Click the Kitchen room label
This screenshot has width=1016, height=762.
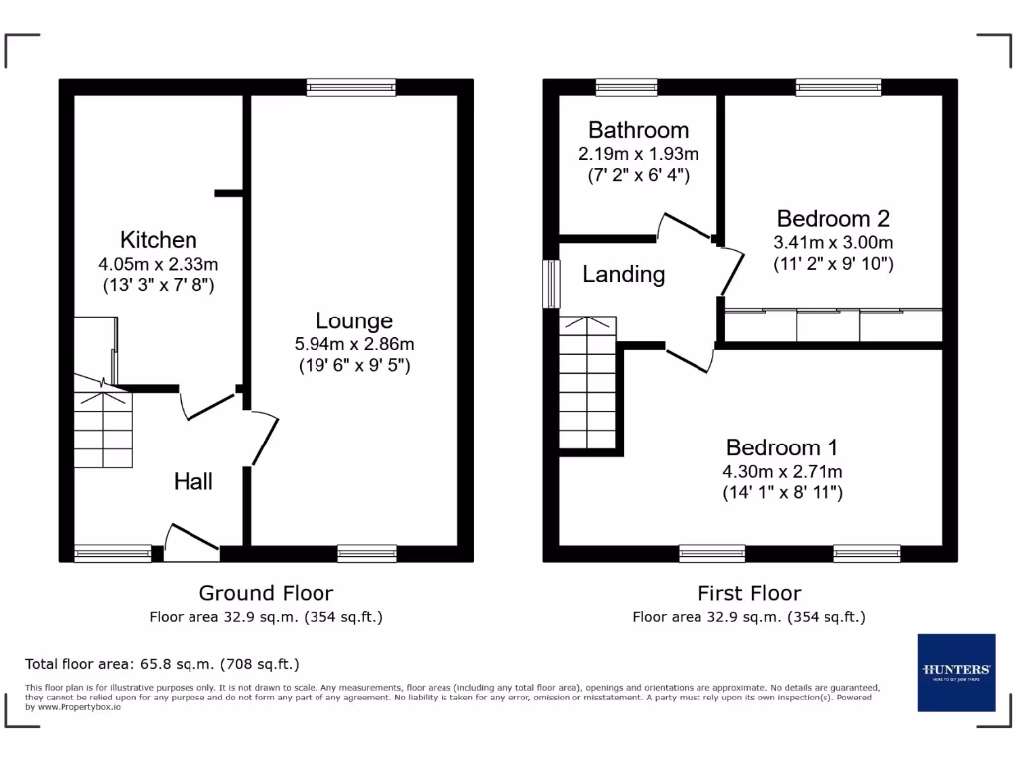click(159, 239)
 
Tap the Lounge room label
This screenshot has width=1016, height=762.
click(354, 320)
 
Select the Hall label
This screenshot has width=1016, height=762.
click(193, 481)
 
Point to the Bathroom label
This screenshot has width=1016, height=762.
click(638, 130)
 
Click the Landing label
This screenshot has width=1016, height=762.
click(623, 274)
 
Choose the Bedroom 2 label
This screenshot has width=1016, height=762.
click(832, 218)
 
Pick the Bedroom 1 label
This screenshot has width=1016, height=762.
click(783, 446)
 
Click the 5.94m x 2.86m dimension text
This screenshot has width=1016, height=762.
click(354, 344)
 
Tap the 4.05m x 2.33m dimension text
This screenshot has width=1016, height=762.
click(159, 264)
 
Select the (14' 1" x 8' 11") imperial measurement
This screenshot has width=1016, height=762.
click(783, 493)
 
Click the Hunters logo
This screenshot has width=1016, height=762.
click(955, 672)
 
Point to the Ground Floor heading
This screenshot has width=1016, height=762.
click(266, 593)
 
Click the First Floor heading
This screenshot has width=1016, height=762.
click(749, 593)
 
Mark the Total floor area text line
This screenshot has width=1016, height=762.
click(162, 664)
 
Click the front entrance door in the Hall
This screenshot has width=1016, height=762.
click(190, 539)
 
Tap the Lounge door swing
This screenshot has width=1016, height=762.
click(264, 437)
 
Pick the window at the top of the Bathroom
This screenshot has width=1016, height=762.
click(627, 87)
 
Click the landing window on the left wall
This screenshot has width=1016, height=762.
click(550, 284)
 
